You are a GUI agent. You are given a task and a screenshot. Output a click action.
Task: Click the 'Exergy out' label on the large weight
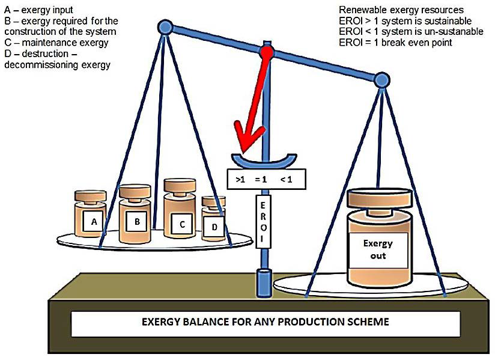coord(378,249)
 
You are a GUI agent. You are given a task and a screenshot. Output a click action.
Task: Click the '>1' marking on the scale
coord(240,178)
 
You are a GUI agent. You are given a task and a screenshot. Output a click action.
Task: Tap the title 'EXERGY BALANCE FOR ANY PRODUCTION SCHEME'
coord(265,322)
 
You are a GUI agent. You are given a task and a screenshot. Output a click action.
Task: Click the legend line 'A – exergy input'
coord(38,10)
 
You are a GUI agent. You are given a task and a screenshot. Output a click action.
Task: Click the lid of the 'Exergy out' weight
coord(380,197)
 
